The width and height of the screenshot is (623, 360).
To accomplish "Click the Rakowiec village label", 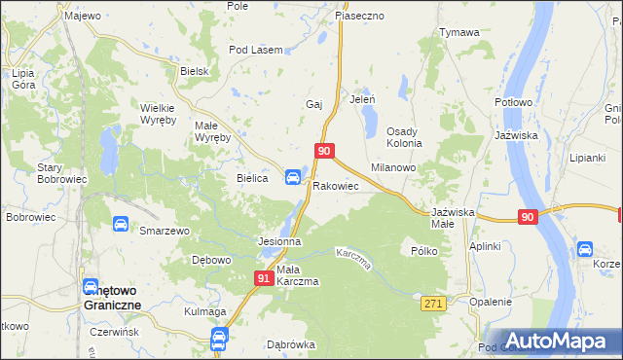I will (x=336, y=185).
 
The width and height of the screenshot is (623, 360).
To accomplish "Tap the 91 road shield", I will (x=264, y=278).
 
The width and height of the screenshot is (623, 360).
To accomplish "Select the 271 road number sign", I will (x=434, y=305).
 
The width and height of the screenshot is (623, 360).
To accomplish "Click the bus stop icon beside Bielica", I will (x=292, y=176).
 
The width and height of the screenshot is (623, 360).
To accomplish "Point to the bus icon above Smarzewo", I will (x=120, y=225).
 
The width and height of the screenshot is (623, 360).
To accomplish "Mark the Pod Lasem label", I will (x=255, y=50).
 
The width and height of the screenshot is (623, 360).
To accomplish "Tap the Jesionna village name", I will (x=278, y=240).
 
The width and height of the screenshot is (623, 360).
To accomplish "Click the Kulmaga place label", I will (x=204, y=311).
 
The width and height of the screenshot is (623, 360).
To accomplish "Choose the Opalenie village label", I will (x=490, y=302).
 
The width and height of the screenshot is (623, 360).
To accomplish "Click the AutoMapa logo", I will (x=558, y=341).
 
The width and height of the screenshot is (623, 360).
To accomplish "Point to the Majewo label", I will (x=82, y=16).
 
